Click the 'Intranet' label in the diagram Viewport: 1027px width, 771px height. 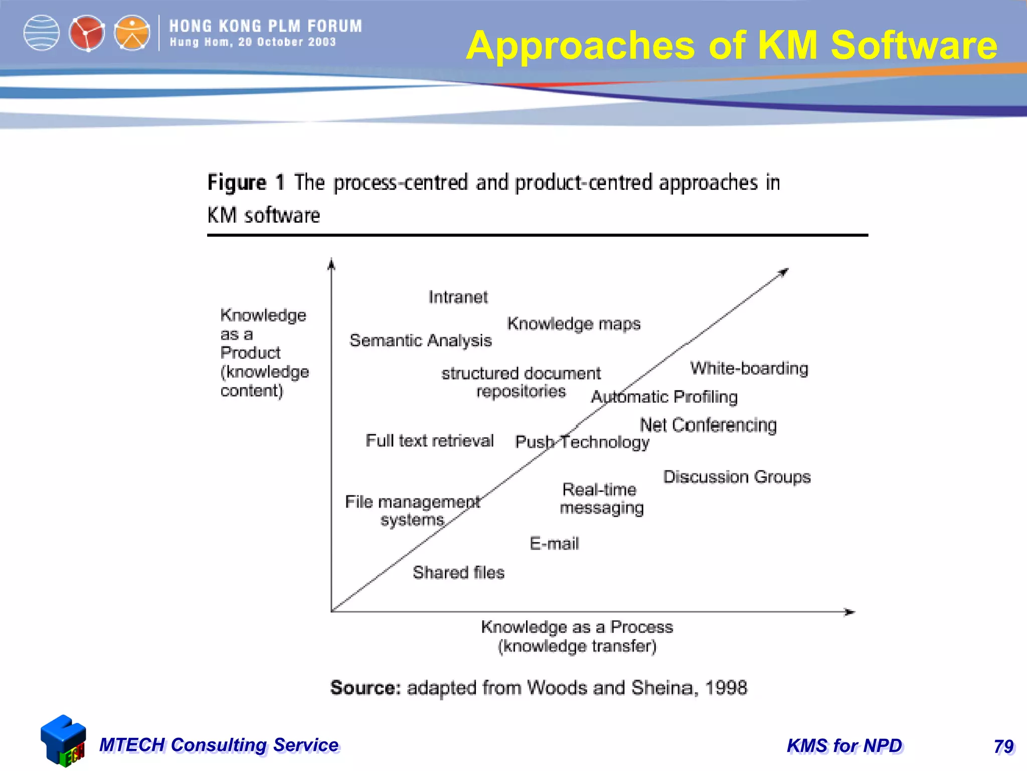(458, 297)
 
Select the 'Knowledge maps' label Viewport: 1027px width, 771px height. (574, 324)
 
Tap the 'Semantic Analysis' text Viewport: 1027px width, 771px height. (421, 340)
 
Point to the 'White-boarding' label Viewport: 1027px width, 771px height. (749, 368)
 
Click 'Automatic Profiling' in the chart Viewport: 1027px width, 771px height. (664, 397)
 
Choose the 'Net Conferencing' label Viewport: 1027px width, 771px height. (708, 425)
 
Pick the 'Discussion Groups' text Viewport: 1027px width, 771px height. (737, 476)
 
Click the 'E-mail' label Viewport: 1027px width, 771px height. (554, 544)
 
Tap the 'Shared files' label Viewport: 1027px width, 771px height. (458, 572)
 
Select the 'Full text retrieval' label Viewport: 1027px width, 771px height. (430, 441)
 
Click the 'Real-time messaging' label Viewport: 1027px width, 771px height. (601, 498)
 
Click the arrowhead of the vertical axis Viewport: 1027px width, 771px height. (331, 264)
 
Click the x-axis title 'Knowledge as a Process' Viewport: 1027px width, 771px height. (577, 627)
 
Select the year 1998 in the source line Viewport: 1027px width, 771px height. (726, 688)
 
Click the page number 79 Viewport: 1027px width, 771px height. (1003, 746)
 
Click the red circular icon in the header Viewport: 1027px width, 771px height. (87, 33)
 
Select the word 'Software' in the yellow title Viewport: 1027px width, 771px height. (914, 45)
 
